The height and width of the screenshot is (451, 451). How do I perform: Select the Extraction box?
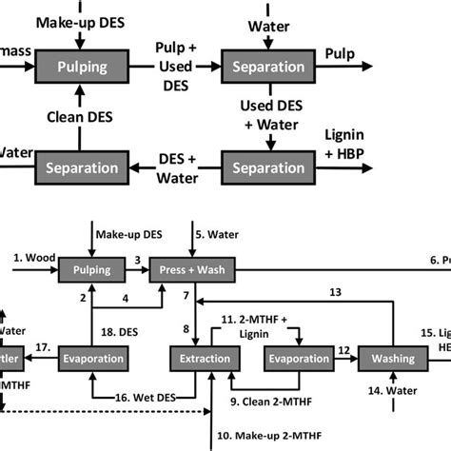202,358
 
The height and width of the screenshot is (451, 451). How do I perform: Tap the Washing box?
389,358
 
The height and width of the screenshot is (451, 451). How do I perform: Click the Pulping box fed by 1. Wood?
91,271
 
